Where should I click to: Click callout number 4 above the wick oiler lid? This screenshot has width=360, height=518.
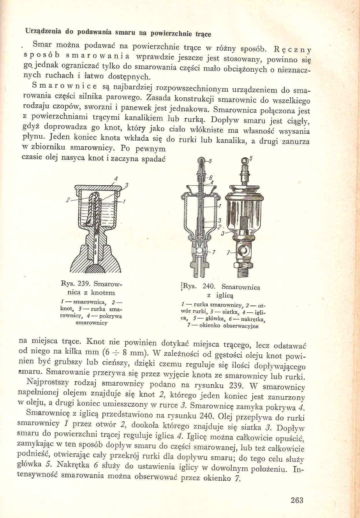(x=116, y=179)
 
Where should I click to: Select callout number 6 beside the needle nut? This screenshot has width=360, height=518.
(x=211, y=177)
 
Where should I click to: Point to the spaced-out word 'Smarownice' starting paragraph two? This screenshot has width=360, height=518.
(x=65, y=86)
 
